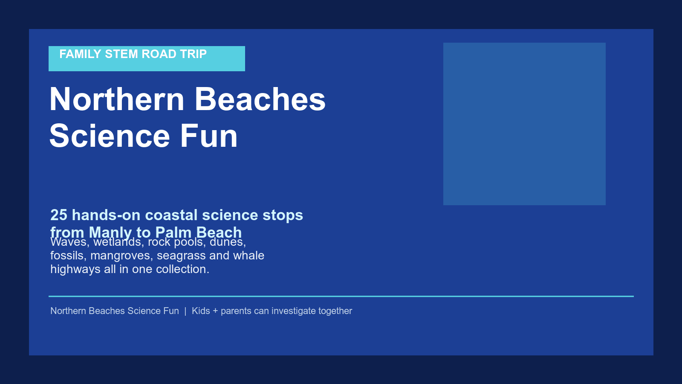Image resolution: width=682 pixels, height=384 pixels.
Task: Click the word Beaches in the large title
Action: [260, 99]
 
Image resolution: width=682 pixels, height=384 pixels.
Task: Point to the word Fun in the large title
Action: [209, 136]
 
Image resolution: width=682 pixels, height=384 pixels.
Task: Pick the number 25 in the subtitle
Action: [59, 215]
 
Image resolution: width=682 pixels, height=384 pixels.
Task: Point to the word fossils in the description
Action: [68, 256]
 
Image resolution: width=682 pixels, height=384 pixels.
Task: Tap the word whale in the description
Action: [249, 256]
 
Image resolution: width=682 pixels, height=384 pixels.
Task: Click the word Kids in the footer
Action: [201, 311]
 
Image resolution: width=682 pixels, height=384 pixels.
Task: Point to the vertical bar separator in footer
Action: [185, 311]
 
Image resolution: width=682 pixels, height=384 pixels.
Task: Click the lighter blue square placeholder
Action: [524, 124]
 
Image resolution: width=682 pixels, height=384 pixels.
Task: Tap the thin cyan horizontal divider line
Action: [341, 296]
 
